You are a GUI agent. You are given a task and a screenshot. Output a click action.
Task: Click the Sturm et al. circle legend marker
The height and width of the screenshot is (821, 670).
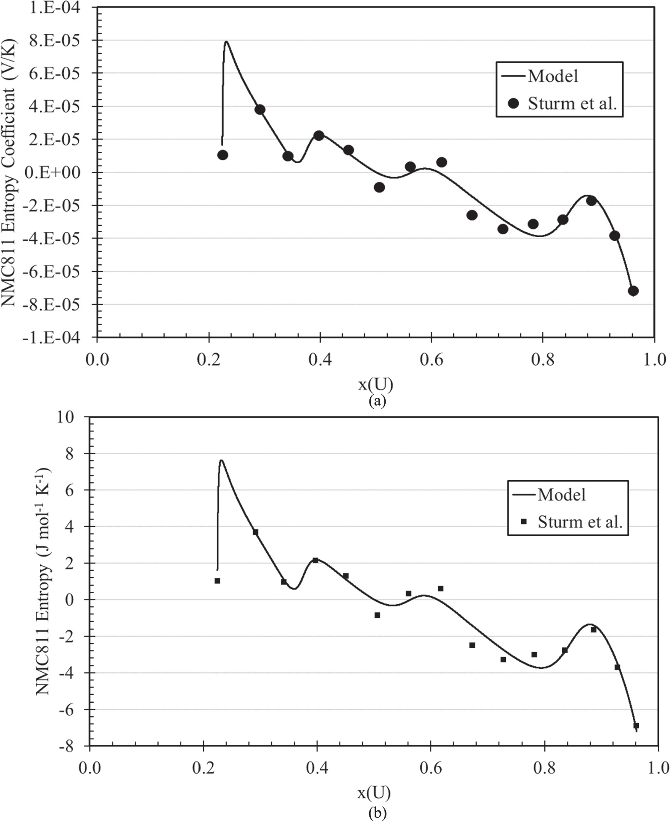513,103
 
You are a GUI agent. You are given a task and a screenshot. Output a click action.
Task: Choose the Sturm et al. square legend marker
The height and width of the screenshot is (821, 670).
524,522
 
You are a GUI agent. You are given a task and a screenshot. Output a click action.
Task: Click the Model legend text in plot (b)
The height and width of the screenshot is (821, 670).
561,494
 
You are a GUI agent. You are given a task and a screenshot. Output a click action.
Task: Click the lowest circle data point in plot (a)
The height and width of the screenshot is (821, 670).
633,291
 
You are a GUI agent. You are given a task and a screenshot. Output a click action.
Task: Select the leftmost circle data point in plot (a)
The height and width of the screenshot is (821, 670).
222,155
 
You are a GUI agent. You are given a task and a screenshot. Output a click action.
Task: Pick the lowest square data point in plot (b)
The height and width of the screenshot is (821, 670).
636,726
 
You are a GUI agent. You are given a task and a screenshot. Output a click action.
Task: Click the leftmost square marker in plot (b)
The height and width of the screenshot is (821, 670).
217,581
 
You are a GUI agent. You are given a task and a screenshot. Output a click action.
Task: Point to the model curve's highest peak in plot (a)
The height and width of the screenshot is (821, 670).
226,41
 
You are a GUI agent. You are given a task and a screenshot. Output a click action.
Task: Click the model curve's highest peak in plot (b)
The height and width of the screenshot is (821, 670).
221,461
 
